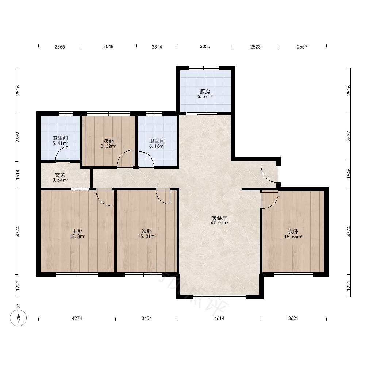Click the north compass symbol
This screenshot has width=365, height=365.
tap(18, 318)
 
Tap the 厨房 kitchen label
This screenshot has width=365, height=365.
tap(205, 94)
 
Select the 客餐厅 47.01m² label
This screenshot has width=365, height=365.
tap(219, 220)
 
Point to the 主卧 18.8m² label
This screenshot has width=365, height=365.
tap(77, 234)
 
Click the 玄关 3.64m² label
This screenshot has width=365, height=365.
tap(60, 177)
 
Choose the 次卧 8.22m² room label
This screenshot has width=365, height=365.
tap(108, 143)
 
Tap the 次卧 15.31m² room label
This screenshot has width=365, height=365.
tap(147, 234)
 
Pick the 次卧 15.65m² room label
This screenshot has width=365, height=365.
tap(293, 234)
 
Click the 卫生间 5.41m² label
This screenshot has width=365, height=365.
tap(60, 141)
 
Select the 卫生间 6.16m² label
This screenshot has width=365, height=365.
tap(157, 143)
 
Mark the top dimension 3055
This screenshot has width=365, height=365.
tap(205, 47)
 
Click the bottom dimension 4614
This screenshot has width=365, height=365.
tap(219, 318)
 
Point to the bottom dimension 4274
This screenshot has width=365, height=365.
tap(77, 318)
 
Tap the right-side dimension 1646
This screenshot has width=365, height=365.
tap(349, 174)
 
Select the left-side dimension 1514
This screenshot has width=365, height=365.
tap(18, 174)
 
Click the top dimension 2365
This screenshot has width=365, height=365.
tap(60, 47)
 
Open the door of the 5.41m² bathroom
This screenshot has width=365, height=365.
tap(63, 154)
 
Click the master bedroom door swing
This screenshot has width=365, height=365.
tap(104, 197)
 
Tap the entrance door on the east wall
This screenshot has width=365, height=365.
tap(270, 174)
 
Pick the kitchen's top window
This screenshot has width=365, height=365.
tap(204, 68)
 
